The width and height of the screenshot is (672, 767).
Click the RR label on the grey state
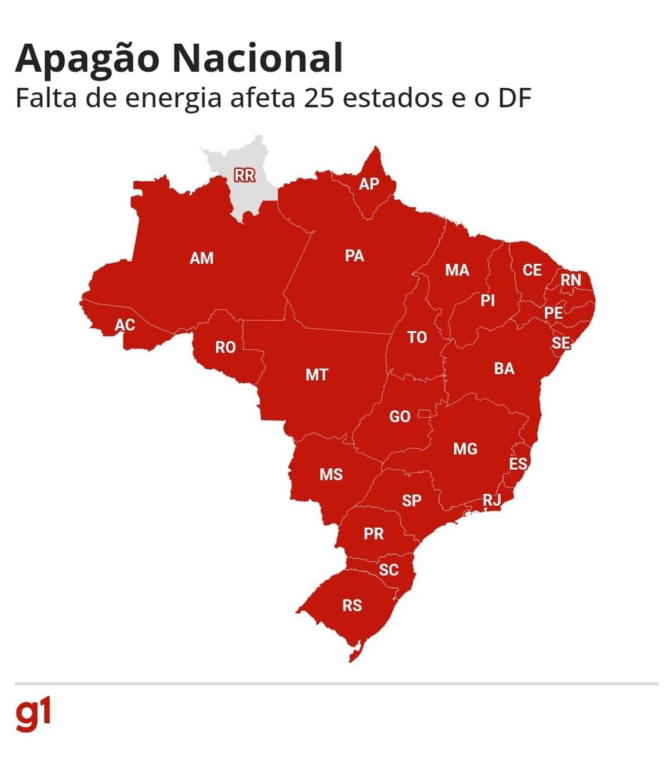(244, 175)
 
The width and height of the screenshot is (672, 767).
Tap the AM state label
(201, 258)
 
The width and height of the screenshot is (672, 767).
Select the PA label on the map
(354, 256)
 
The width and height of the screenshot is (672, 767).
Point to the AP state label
(369, 183)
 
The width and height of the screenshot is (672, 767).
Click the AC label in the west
(125, 325)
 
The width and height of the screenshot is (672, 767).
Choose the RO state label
(225, 347)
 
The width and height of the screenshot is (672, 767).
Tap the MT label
(317, 375)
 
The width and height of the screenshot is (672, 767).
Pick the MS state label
(331, 474)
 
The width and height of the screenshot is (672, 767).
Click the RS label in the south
(352, 605)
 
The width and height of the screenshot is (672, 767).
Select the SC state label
(389, 569)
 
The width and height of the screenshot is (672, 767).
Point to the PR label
(374, 534)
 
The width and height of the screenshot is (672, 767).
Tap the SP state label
(412, 500)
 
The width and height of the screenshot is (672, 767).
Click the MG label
(465, 449)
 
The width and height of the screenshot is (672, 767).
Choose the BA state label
(504, 369)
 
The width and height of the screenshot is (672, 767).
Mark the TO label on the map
(417, 337)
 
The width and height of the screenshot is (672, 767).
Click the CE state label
(532, 270)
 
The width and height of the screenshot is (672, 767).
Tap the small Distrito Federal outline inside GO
(425, 413)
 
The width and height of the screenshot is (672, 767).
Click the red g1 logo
(33, 714)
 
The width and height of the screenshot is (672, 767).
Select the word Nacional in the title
(257, 59)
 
